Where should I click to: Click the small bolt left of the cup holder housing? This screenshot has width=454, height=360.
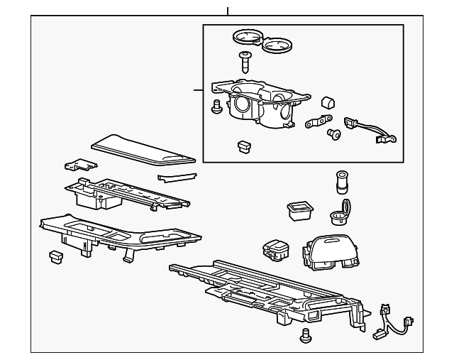[x=216, y=107]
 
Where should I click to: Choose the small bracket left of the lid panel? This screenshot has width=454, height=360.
[x=79, y=166]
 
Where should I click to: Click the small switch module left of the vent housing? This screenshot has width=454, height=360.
[x=275, y=249]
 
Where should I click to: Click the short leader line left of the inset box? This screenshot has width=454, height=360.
[x=198, y=90]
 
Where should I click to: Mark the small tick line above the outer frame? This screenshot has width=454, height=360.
[x=227, y=11]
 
